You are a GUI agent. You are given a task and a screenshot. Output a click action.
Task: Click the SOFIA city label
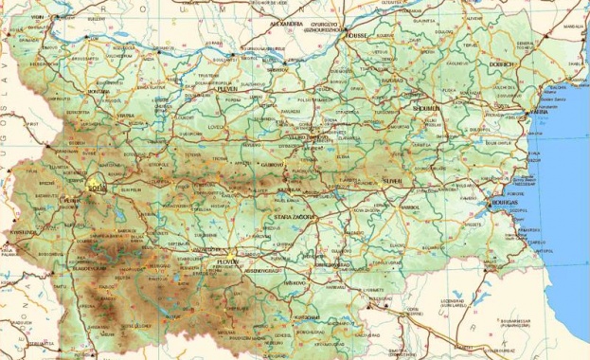95,188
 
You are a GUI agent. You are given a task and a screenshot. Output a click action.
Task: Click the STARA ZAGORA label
294,218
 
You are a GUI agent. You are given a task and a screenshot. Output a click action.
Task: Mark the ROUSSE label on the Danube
355,35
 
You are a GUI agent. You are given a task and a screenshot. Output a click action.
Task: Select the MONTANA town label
100,92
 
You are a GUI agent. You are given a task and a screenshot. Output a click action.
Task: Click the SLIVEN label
392,180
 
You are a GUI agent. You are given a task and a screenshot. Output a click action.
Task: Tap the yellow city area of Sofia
96,177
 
